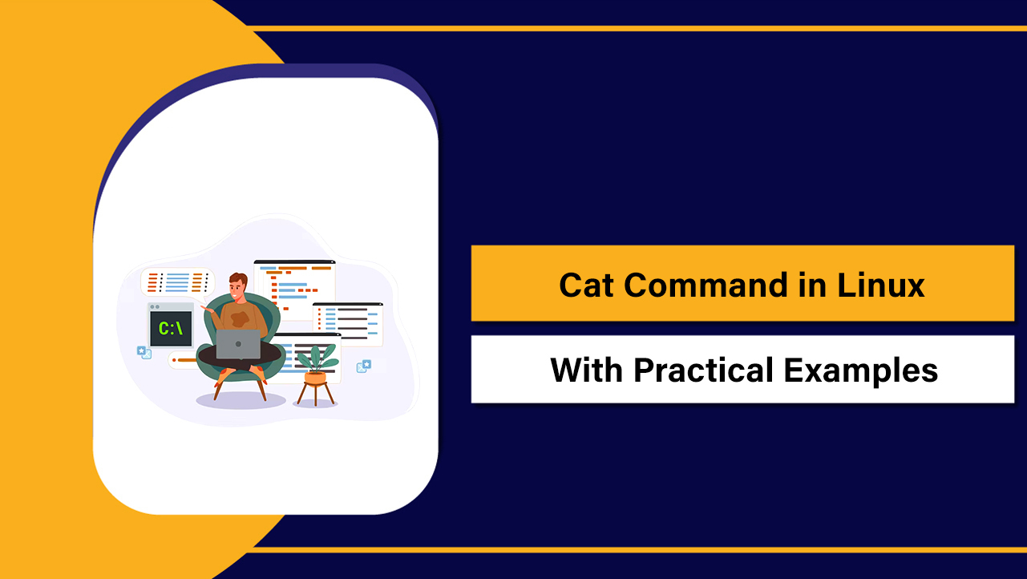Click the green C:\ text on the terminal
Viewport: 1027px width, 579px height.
click(x=171, y=328)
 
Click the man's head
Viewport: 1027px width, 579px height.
click(x=238, y=285)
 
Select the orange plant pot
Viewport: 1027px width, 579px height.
click(x=316, y=376)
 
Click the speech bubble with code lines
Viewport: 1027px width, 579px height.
click(x=178, y=281)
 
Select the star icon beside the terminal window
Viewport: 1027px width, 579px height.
click(x=144, y=351)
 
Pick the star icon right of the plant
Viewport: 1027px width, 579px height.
click(x=365, y=366)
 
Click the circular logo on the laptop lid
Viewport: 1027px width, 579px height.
click(x=238, y=344)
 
